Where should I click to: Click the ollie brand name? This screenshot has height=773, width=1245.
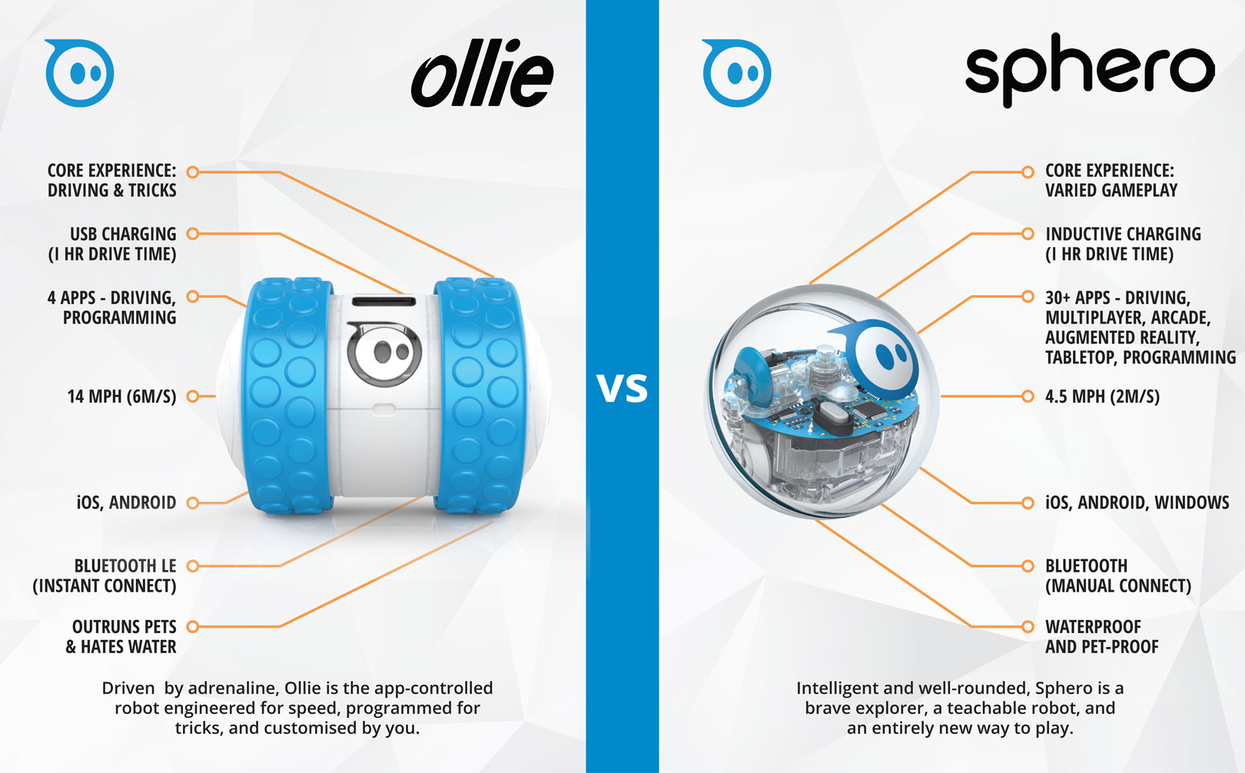(483, 73)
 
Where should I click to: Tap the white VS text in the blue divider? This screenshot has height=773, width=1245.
(622, 389)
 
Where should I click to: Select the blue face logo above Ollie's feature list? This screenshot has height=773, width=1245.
(79, 73)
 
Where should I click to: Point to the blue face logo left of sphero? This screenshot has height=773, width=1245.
(737, 73)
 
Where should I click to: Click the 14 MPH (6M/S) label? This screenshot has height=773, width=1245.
(121, 396)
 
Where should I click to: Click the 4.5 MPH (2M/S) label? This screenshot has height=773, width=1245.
(1102, 396)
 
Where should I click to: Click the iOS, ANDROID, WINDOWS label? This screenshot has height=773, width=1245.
(1137, 503)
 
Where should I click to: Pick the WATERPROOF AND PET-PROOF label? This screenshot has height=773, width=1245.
(1101, 636)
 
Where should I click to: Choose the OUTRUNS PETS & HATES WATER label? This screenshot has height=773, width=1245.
(121, 636)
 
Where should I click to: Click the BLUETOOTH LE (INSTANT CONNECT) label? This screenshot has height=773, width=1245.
(105, 576)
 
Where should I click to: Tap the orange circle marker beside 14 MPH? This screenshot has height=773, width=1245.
(193, 396)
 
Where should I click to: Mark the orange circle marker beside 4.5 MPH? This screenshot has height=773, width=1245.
(1028, 396)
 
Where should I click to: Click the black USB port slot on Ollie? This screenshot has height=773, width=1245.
(383, 302)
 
